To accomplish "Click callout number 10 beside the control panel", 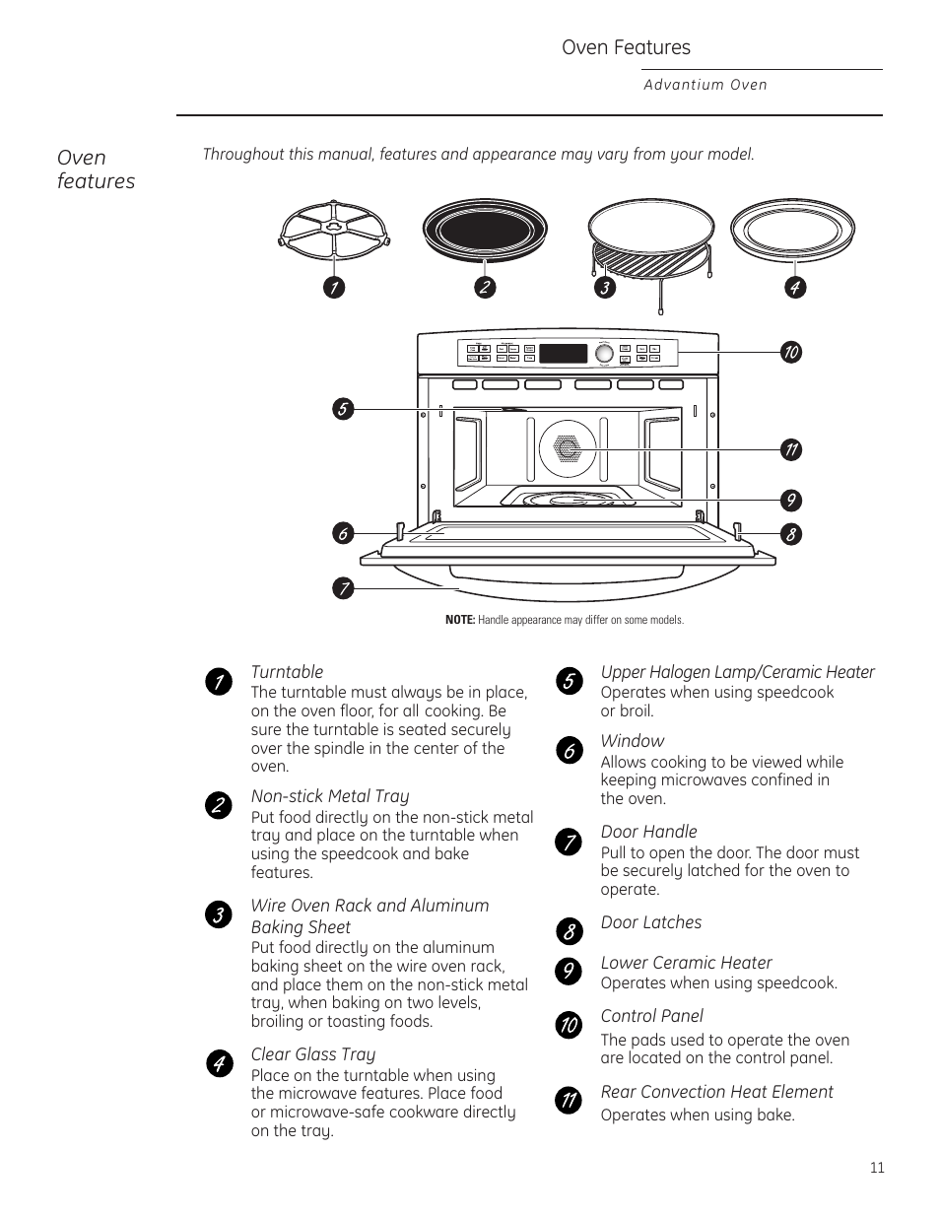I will point(790,352).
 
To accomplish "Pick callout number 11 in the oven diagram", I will point(790,450).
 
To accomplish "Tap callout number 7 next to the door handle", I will point(342,588).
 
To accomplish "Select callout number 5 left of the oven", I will point(342,409).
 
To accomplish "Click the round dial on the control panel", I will point(604,353).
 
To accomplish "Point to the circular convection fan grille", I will point(568,448).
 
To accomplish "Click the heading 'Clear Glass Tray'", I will point(312,1054).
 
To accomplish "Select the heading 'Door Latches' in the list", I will point(651,922).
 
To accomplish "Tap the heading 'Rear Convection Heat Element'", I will point(716,1092).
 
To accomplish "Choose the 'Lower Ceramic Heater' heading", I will point(686,963).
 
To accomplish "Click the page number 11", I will point(877,1168).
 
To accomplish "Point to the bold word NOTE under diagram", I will point(460,620).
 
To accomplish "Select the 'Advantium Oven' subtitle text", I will point(705,85).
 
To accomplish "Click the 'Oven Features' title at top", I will point(626,47).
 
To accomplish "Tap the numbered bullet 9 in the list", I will point(569,971).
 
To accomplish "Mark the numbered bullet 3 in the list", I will point(218,914).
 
